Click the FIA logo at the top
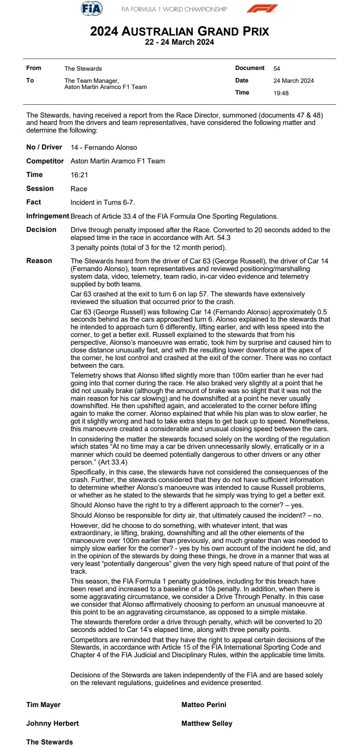[x=91, y=8]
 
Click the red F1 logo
[x=262, y=8]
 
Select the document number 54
[x=277, y=69]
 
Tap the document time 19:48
[x=281, y=93]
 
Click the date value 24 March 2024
[x=293, y=81]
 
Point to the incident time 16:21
[x=79, y=175]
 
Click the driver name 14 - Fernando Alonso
[x=104, y=148]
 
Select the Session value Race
[x=79, y=189]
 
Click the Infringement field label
[x=48, y=216]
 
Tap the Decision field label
[x=41, y=230]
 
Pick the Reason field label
[x=39, y=261]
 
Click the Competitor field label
[x=45, y=161]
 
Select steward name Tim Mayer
[x=43, y=705]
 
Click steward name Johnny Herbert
[x=52, y=723]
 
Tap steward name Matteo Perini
[x=204, y=705]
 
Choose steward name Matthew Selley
[x=207, y=723]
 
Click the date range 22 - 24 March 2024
[x=179, y=42]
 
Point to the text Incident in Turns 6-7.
[x=103, y=202]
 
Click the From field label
[x=34, y=68]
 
